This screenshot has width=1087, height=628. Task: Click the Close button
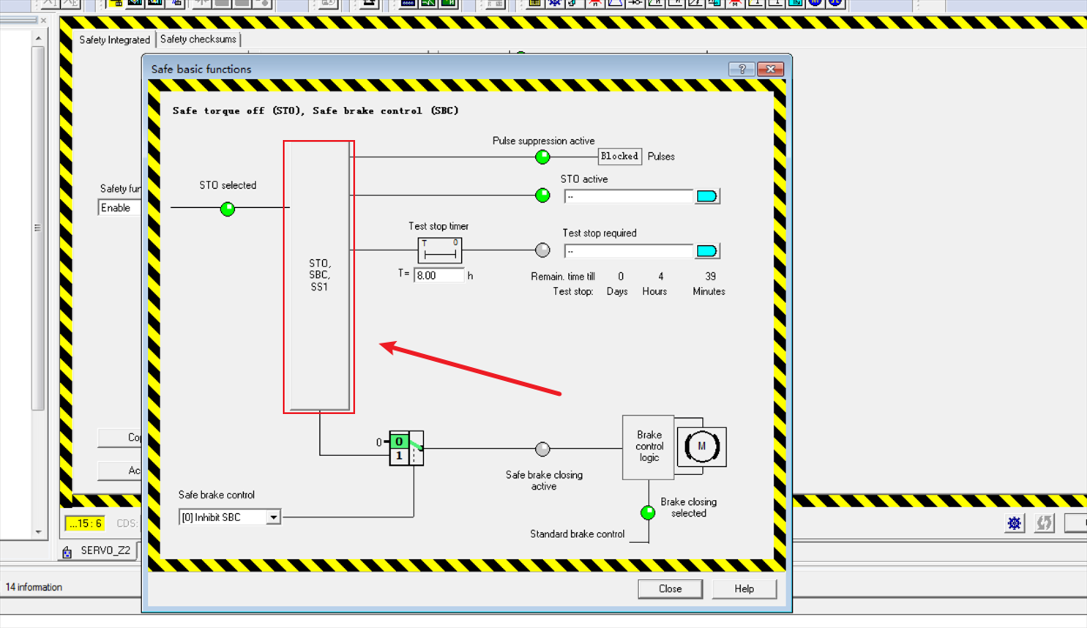(x=669, y=589)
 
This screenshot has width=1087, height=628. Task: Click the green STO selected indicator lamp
(x=227, y=209)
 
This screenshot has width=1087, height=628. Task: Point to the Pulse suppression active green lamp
(x=543, y=157)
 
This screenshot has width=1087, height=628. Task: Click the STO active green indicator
(x=543, y=196)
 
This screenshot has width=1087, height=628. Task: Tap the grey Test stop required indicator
(x=543, y=251)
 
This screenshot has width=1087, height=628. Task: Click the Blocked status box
(x=620, y=157)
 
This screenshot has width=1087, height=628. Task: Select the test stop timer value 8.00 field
(x=439, y=275)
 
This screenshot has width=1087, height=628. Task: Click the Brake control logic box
(x=648, y=447)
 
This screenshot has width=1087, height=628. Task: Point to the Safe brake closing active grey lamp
(x=543, y=449)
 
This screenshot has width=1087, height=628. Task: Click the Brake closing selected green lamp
(x=648, y=512)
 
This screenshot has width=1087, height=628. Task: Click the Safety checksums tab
(x=198, y=39)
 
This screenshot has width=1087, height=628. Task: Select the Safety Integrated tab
(x=114, y=40)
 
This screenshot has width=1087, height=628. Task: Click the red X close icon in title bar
(x=771, y=70)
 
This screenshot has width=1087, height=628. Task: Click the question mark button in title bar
(x=741, y=70)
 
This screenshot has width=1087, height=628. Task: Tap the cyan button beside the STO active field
(x=707, y=197)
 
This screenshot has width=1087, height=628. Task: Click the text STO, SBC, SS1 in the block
(x=319, y=274)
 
